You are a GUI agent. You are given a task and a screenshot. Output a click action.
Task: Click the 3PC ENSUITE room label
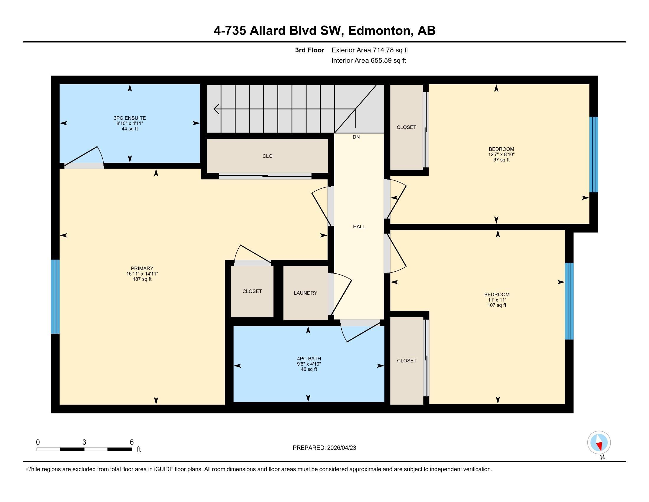click(130, 118)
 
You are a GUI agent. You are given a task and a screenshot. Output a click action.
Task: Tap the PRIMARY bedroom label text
click(142, 268)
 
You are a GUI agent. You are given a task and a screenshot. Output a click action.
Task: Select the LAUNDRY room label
click(305, 293)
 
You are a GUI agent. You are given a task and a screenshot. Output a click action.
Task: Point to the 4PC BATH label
click(309, 359)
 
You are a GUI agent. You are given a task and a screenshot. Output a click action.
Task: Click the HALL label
click(359, 226)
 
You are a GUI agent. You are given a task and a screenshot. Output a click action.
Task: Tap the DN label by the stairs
click(356, 137)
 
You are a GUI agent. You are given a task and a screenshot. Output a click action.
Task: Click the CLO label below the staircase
click(267, 156)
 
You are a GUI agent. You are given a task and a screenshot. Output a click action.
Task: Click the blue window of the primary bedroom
click(55, 296)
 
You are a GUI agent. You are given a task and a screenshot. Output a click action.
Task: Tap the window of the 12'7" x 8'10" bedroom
click(594, 155)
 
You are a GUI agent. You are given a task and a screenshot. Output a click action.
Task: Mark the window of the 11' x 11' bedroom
click(569, 301)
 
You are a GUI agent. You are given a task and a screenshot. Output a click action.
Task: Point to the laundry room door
click(340, 296)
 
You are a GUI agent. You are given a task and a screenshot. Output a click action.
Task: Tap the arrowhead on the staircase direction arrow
click(216, 109)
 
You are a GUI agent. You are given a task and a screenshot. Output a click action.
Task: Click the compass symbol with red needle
click(599, 442)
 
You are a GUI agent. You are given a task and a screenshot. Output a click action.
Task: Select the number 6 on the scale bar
click(132, 442)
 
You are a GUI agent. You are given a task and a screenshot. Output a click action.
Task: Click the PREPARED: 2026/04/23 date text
click(324, 448)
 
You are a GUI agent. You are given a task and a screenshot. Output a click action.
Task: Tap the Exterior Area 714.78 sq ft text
click(370, 50)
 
